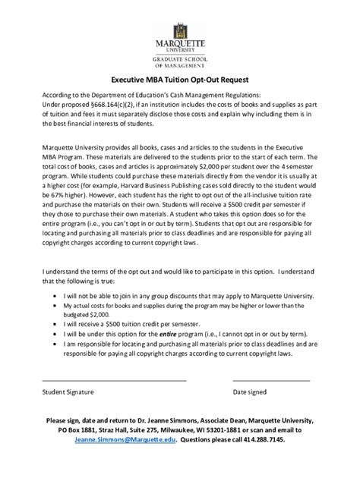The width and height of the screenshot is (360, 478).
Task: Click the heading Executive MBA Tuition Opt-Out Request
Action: coord(179,79)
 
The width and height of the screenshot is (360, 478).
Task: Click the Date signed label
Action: coord(250,392)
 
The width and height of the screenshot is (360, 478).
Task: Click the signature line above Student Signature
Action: coord(114,379)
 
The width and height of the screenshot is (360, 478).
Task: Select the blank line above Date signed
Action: coord(271,379)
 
